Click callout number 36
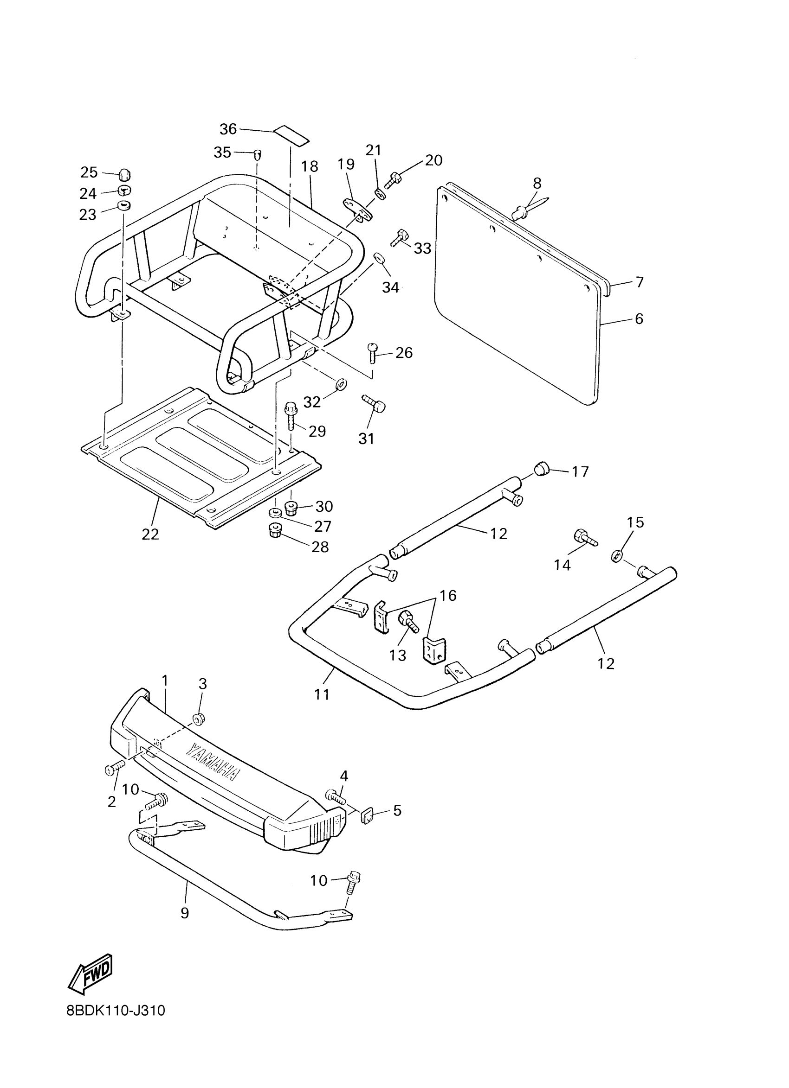coord(228,128)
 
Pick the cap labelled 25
coord(124,175)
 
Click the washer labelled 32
coord(342,384)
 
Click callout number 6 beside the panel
coord(639,318)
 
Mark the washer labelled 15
coord(617,556)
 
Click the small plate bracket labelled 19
coord(357,209)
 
